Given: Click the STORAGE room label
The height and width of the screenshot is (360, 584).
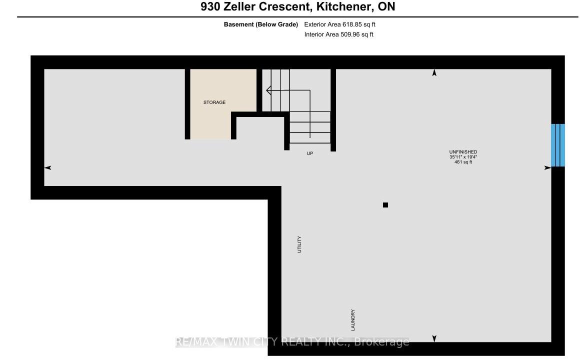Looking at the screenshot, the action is (x=214, y=102).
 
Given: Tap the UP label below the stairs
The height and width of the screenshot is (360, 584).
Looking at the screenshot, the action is (x=310, y=153).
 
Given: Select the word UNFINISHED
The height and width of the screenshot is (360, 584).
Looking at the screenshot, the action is (x=463, y=152).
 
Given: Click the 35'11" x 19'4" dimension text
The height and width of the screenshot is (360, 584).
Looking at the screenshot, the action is (x=463, y=157).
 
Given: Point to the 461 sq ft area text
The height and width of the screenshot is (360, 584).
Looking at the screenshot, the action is (x=463, y=162).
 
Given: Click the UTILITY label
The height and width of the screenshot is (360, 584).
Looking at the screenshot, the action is (x=299, y=244).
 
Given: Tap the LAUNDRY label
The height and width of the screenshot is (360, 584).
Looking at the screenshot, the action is (x=352, y=320).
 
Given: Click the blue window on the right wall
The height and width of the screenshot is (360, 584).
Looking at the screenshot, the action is (x=558, y=145).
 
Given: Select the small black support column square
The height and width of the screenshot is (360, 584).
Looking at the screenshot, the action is (x=385, y=205).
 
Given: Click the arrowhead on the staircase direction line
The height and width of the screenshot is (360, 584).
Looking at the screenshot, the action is (x=268, y=90).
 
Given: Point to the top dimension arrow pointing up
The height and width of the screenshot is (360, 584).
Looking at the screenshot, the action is (x=434, y=73).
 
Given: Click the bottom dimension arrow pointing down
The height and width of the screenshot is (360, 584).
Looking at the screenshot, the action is (x=434, y=338).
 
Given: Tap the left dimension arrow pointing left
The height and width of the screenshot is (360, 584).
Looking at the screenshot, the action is (x=47, y=168).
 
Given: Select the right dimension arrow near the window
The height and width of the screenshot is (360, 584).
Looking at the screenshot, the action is (x=547, y=168).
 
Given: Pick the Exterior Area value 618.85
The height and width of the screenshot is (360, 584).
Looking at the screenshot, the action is (x=352, y=24).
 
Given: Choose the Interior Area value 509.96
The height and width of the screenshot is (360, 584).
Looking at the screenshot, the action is (x=350, y=34).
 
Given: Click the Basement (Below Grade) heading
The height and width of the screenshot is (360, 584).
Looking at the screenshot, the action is (x=260, y=24).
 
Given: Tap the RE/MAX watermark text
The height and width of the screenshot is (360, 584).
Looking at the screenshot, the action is (x=292, y=342).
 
